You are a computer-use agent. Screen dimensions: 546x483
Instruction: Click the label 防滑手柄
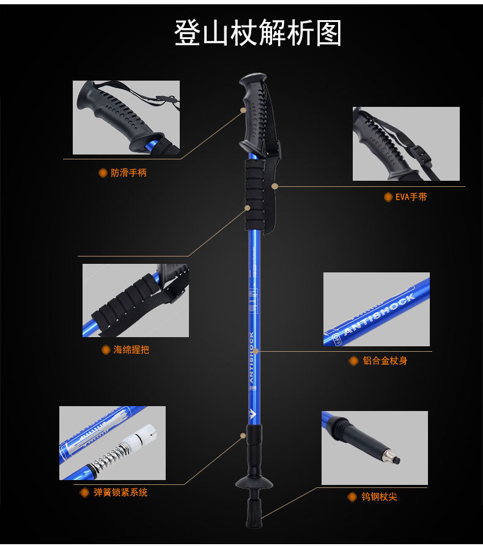tap(128, 173)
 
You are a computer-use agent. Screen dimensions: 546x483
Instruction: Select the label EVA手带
tap(411, 197)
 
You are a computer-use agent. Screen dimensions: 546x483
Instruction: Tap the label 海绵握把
tap(131, 350)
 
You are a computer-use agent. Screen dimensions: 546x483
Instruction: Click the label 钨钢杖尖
tap(379, 497)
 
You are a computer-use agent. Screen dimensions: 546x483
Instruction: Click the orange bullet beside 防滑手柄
tap(103, 173)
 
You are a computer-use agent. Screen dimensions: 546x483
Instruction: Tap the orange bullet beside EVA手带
tap(388, 197)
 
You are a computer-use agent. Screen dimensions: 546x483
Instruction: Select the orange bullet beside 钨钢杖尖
tap(353, 497)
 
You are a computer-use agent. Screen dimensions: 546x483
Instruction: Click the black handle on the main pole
tap(253, 113)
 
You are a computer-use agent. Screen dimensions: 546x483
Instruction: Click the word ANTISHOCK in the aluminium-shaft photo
tap(379, 315)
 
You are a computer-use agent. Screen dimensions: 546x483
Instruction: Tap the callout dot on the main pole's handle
tap(243, 111)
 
